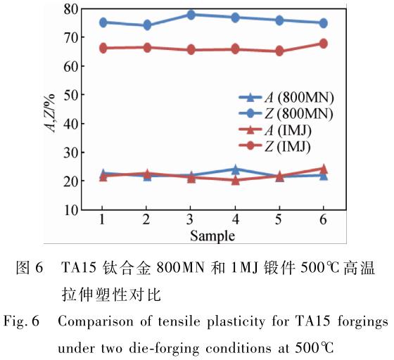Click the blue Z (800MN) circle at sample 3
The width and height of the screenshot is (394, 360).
coord(191,14)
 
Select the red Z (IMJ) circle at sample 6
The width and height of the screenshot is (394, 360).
coord(323,44)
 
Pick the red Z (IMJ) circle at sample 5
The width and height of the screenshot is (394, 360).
coord(279,51)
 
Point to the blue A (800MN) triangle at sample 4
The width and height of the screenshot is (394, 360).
coord(235,169)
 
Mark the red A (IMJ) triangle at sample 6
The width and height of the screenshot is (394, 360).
coord(323,169)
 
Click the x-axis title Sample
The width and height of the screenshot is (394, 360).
coord(212,234)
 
